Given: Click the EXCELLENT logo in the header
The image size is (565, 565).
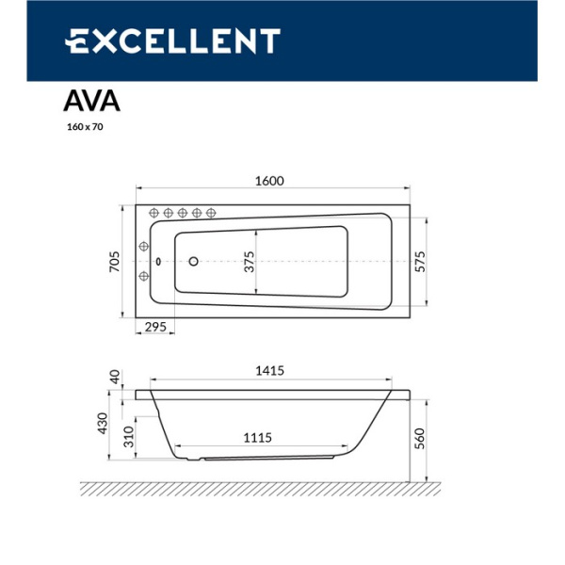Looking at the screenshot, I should coord(172,41).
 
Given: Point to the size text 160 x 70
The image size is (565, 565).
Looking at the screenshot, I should coord(84,126).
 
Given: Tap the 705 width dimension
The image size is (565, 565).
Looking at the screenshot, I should coord(115,261).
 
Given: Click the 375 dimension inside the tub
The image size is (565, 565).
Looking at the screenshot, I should coord(250,261).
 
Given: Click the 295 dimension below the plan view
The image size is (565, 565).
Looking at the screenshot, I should coord(155,327).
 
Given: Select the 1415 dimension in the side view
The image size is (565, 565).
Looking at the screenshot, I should coord(270,372).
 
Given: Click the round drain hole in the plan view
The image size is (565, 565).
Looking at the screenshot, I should coord(194,262).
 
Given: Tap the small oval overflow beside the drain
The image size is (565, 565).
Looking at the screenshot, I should coord(159,262).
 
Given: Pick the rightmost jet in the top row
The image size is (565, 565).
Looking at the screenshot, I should coord(211,212).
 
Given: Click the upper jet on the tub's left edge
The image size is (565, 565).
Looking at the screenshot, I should coord(144,247).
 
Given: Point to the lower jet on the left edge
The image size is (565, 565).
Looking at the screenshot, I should coord(144,276).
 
